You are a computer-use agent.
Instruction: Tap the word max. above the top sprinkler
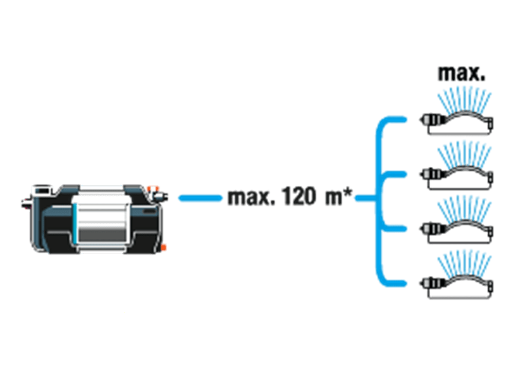coord(461,74)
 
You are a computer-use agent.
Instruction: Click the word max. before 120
coord(251,198)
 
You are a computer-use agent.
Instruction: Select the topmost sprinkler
coord(456,125)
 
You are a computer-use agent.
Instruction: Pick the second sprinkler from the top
coord(456,179)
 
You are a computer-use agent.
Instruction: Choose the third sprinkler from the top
coord(456,234)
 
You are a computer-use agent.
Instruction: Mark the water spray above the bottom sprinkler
coord(465,264)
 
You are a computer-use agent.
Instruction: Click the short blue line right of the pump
coord(200,198)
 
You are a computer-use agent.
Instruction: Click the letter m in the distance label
coord(334,198)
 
